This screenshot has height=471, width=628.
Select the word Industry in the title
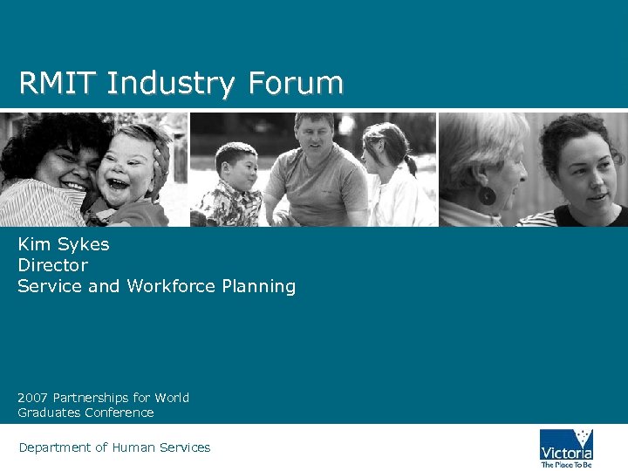tap(171, 84)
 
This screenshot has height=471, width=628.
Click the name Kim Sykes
tap(64, 244)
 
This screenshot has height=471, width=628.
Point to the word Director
tap(52, 265)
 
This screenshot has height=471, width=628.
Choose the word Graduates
tap(47, 413)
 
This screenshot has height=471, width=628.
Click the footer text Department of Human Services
tap(114, 447)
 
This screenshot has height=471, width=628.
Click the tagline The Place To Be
tap(566, 464)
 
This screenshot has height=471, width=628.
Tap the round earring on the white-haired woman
tap(487, 195)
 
